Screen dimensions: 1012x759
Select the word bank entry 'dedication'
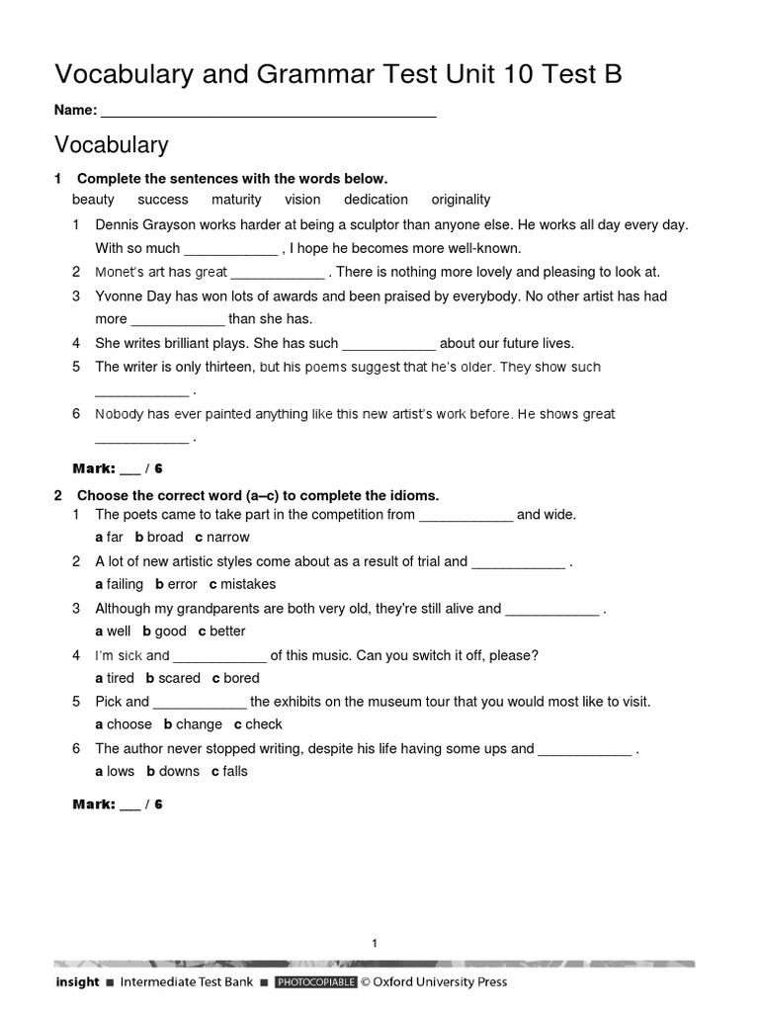376,200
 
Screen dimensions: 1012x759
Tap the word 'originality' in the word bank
461,200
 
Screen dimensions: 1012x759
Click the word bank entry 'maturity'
236,200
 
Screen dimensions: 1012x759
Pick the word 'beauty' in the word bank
93,200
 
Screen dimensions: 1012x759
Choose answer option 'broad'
165,538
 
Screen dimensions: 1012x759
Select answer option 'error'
182,584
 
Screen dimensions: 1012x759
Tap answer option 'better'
227,632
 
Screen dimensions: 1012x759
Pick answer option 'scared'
179,678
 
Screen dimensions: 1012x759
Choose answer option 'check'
264,724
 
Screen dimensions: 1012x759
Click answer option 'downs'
179,771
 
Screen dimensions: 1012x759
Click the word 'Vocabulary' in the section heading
111,145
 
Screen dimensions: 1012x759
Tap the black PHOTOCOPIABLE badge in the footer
315,982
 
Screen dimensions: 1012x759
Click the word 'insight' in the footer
77,982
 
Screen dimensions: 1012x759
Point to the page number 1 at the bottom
375,944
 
